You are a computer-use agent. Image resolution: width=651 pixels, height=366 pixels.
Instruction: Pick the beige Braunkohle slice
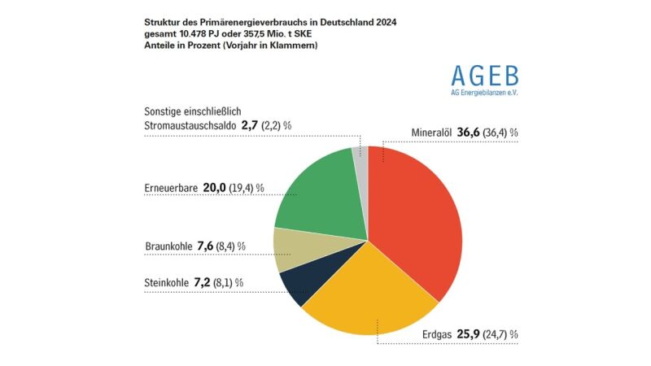293,248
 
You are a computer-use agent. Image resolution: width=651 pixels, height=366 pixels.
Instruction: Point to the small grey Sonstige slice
360,159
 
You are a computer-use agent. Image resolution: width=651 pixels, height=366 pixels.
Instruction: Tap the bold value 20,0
214,187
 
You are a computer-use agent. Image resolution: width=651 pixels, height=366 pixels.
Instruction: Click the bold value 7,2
203,282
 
